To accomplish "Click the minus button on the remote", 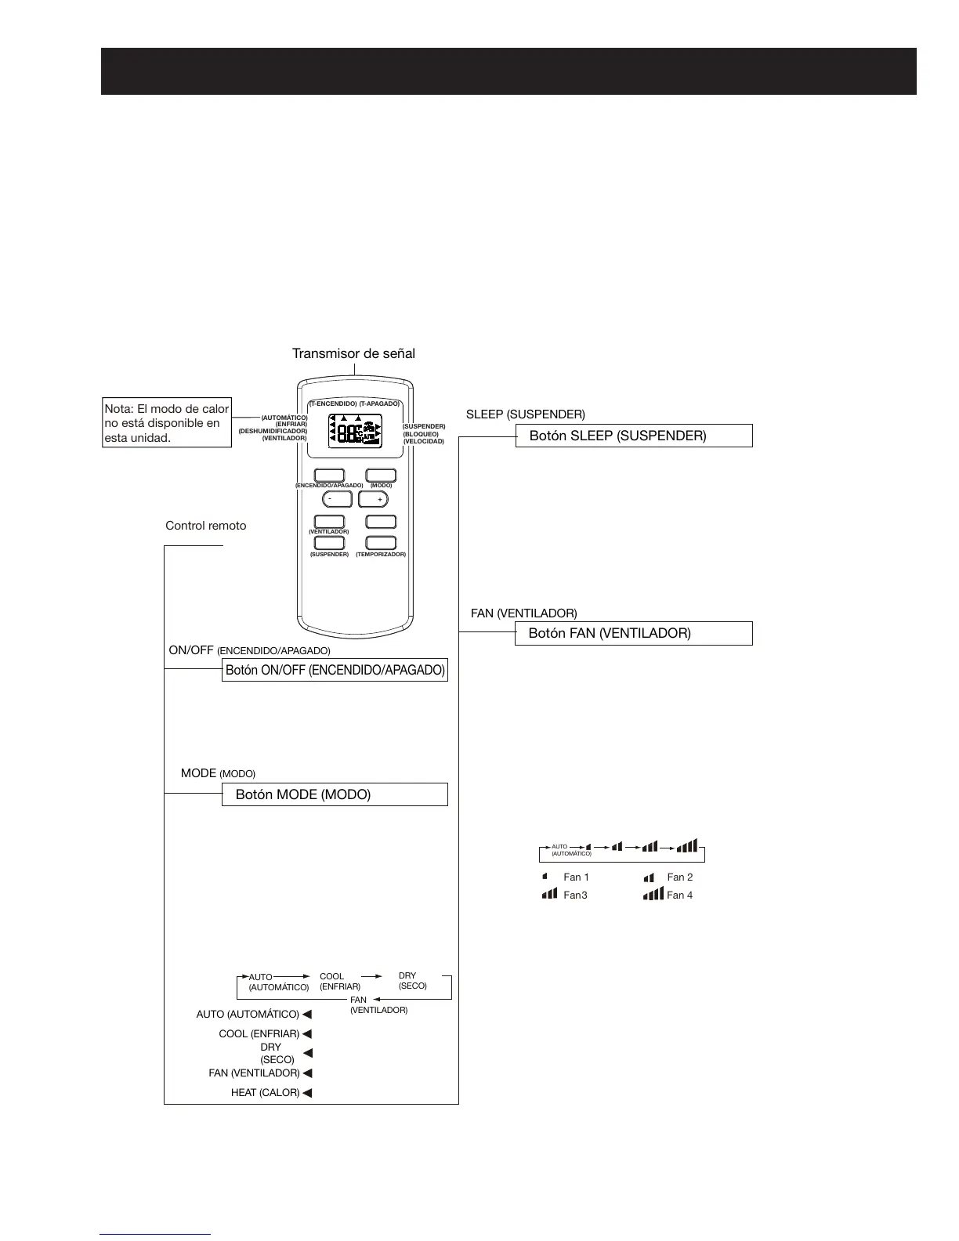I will (x=337, y=499).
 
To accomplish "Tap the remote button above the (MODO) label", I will (x=381, y=475).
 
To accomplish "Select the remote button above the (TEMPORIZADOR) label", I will (x=381, y=543).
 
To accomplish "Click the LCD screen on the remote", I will (x=355, y=430).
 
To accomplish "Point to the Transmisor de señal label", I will (x=353, y=353).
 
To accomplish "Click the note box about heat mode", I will (x=167, y=423).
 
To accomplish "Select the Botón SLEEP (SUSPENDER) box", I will (x=633, y=436).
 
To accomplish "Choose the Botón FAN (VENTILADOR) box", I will (x=633, y=633).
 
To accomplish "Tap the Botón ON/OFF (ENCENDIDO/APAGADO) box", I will (x=335, y=670).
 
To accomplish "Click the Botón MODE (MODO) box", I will (x=335, y=794).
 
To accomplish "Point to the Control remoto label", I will (x=205, y=526).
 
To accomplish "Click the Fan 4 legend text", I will (x=679, y=895).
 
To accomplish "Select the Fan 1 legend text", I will (x=576, y=877).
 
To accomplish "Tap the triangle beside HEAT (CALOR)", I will (x=307, y=1093).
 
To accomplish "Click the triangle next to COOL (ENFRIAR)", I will (x=307, y=1034).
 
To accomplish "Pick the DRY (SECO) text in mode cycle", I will (x=412, y=981).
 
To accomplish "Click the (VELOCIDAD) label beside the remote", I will (x=423, y=441).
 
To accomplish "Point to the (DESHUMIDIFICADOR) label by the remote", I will (x=273, y=431).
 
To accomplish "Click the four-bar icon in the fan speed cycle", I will (x=687, y=846).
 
